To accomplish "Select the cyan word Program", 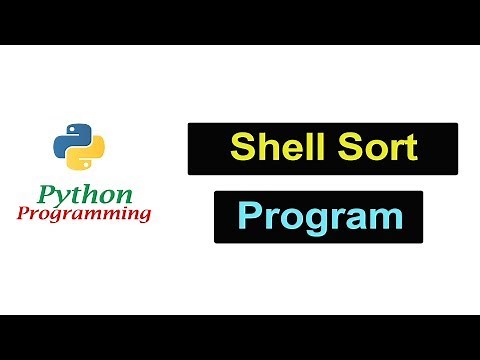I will (x=317, y=217).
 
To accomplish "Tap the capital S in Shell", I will (x=241, y=148).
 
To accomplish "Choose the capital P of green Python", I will (x=44, y=193).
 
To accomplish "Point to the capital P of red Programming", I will (x=24, y=212).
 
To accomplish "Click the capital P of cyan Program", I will (x=250, y=217).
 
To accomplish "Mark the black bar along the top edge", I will (x=240, y=22).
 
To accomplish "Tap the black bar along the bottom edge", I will (x=240, y=337).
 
